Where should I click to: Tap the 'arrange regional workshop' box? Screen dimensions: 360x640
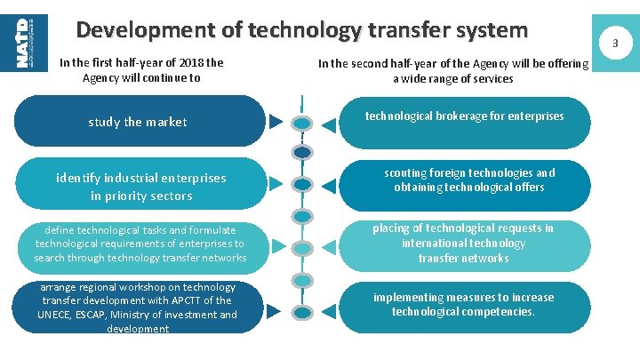(137, 308)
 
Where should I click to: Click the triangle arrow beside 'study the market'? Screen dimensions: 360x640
(276, 121)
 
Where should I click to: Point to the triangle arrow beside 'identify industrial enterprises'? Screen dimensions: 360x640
(276, 185)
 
